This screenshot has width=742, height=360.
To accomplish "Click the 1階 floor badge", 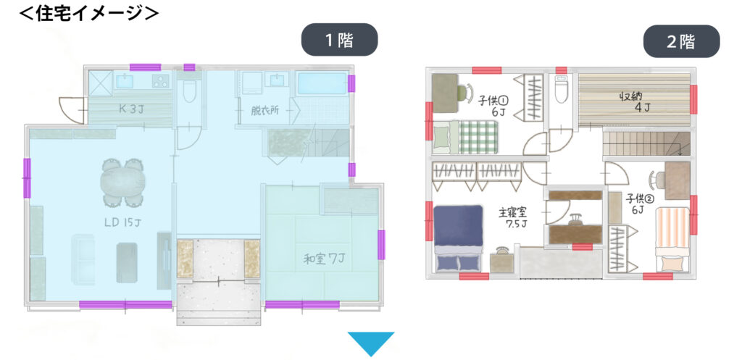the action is coord(339,41).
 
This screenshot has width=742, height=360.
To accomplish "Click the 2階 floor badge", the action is coord(681,41).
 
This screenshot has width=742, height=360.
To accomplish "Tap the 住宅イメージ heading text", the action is coord(88,13).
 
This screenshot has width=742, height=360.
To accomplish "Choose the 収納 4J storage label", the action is coord(635,101).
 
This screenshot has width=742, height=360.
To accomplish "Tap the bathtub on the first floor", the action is coord(322,84).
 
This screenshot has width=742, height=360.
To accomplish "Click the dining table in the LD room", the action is coord(122,183).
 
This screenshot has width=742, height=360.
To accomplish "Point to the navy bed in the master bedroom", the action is coord(458,238).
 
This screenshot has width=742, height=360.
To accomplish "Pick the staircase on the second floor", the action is coord(646,143).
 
